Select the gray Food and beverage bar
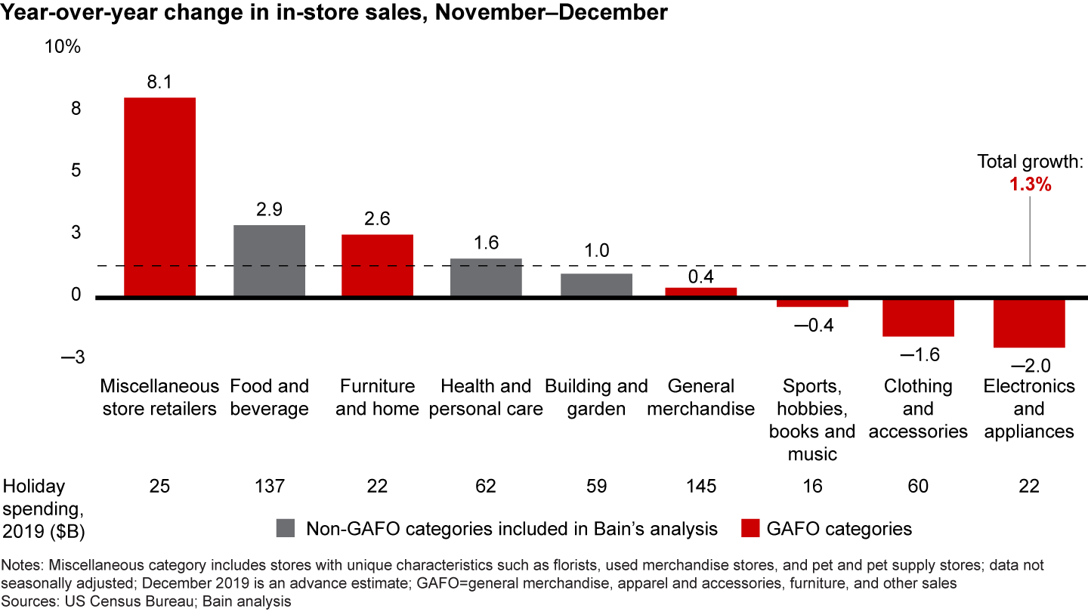point(269,261)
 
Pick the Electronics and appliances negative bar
point(1029,323)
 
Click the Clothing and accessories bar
point(918,317)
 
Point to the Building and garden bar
point(596,285)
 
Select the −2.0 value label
point(1030,366)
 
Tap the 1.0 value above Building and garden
point(596,251)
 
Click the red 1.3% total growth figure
point(1030,184)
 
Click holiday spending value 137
point(269,487)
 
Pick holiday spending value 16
point(812,487)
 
